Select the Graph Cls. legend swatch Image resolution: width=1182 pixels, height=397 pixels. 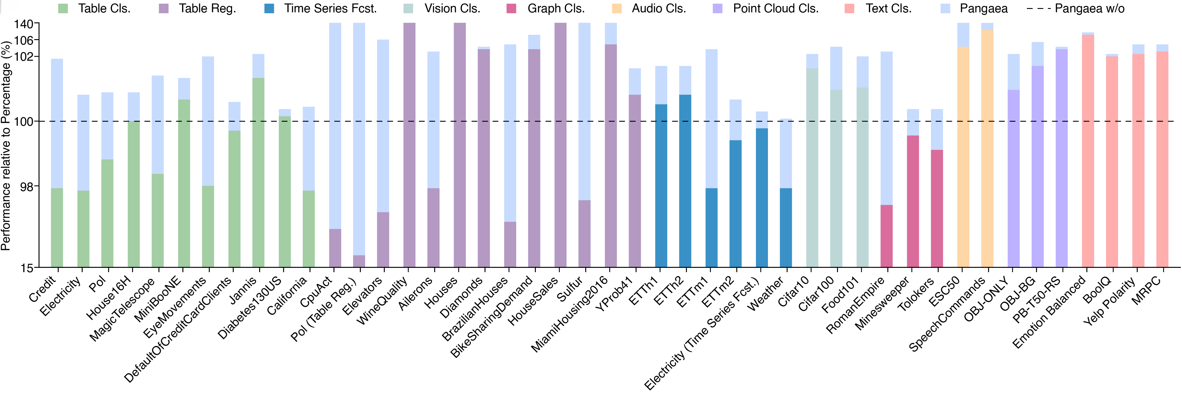[511, 9]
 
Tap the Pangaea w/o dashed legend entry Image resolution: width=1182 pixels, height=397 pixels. [1076, 9]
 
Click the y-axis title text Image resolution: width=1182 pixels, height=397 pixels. [6, 146]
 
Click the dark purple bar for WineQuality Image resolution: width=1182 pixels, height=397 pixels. [409, 145]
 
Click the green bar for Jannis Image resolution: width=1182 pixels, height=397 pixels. [258, 172]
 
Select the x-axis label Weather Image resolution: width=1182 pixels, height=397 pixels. [765, 295]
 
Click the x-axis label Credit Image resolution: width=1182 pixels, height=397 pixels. [42, 289]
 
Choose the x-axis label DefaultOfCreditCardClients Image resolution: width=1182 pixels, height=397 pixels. [178, 329]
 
